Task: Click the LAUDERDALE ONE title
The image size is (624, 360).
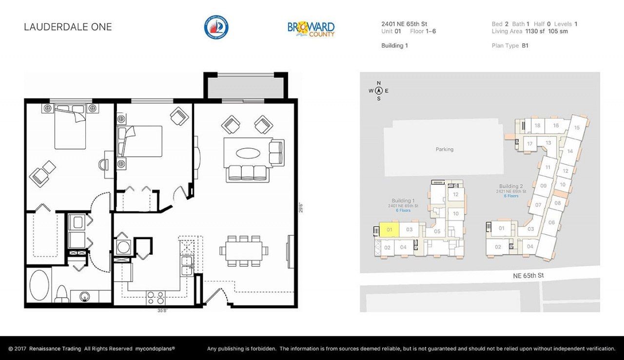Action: (x=68, y=27)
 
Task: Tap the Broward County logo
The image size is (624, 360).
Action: (x=311, y=29)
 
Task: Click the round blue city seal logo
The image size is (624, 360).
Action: (x=216, y=27)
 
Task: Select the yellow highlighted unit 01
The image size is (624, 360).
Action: (x=389, y=229)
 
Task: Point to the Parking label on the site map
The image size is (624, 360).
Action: (x=444, y=150)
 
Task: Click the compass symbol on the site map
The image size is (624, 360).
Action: (x=378, y=91)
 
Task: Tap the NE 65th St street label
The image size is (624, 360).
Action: (x=528, y=276)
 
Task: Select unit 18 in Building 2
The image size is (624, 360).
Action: (x=537, y=126)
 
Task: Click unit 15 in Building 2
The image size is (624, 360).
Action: (x=577, y=128)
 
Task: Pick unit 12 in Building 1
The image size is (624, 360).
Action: (x=456, y=195)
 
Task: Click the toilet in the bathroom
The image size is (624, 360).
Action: (x=61, y=293)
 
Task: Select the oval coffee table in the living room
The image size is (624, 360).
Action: (x=248, y=153)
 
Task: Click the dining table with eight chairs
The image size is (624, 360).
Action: (x=244, y=250)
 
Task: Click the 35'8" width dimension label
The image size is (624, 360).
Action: (x=163, y=310)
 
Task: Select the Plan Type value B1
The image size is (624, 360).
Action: (x=525, y=46)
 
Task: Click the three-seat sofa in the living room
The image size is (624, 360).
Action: (x=247, y=173)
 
